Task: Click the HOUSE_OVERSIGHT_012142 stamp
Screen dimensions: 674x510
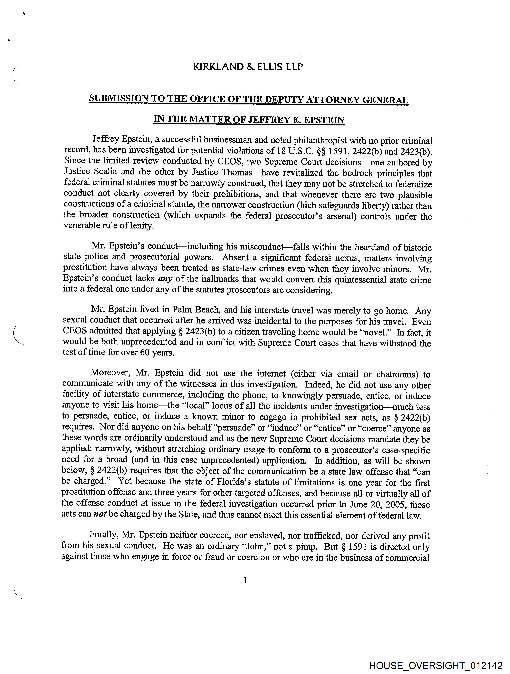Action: (435, 665)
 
